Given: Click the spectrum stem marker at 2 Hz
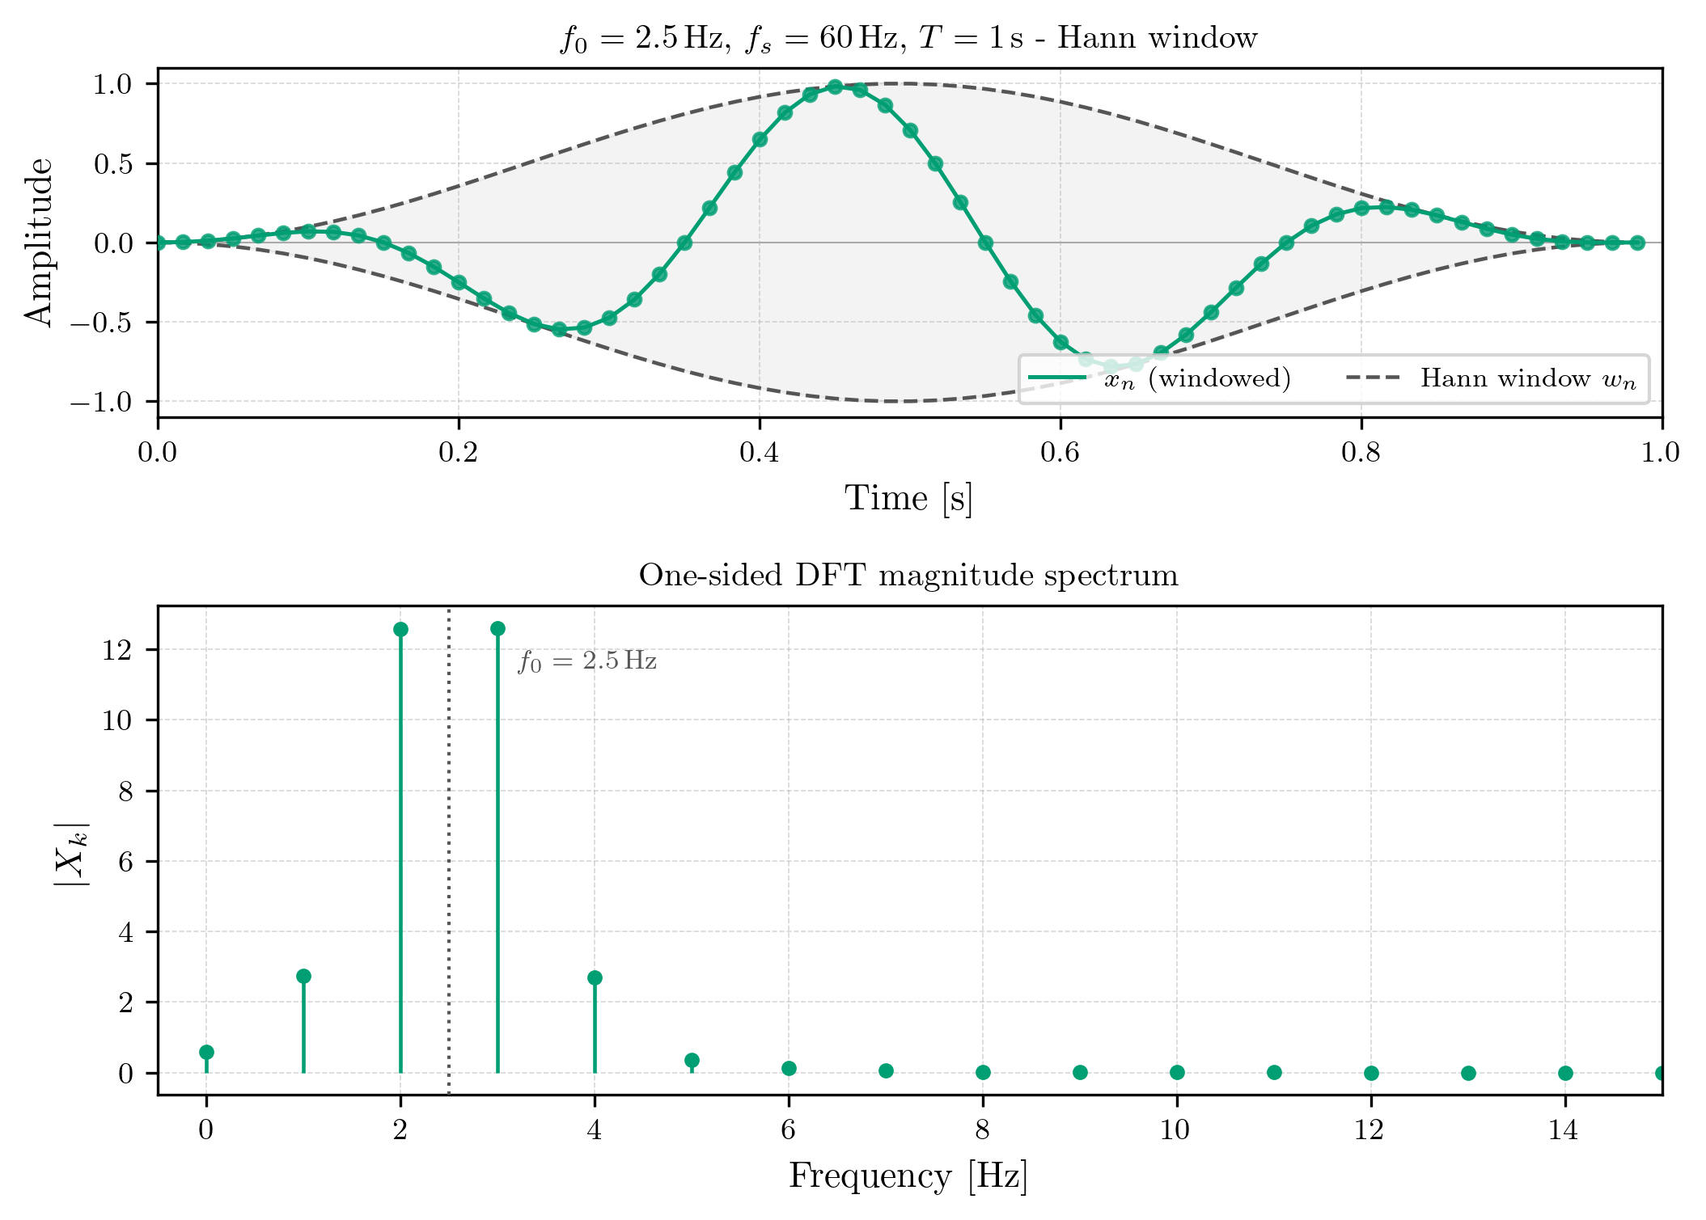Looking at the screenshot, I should click(x=400, y=629).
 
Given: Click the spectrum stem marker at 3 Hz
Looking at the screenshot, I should click(x=497, y=628).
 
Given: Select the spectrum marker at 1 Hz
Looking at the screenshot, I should click(x=303, y=976).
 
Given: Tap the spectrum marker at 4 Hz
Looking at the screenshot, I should click(x=595, y=977).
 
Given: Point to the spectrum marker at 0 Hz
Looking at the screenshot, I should click(x=206, y=1052).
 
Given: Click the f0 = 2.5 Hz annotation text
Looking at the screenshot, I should click(x=587, y=661).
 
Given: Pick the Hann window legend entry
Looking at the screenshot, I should click(x=1492, y=378).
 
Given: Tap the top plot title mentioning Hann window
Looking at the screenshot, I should click(x=908, y=38).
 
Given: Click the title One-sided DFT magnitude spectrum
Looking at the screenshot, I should click(x=908, y=576).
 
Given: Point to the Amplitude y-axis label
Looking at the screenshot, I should click(x=38, y=242).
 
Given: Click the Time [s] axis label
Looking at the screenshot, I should click(x=908, y=498).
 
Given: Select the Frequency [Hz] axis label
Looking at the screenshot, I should click(x=908, y=1176).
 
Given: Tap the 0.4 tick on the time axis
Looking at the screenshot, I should click(x=759, y=453).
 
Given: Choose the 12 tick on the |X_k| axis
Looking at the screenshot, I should click(x=117, y=650).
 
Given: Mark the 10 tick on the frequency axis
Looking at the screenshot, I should click(x=1176, y=1130).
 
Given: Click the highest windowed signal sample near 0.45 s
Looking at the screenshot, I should click(x=835, y=87).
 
